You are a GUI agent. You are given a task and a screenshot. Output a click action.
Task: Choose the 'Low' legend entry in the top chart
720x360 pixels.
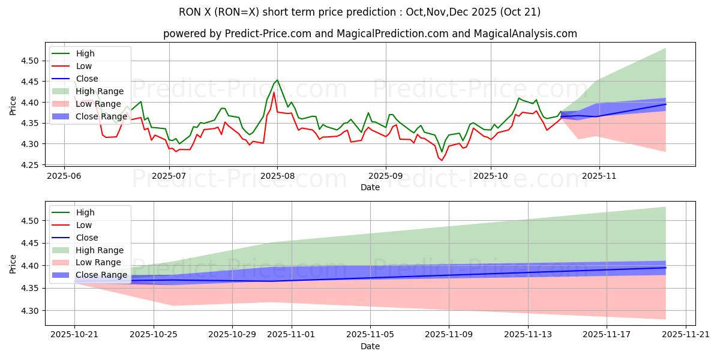click(85, 66)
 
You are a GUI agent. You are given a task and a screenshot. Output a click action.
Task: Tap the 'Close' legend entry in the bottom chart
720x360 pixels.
click(87, 238)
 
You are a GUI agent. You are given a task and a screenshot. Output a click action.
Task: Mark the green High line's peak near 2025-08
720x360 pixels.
click(277, 80)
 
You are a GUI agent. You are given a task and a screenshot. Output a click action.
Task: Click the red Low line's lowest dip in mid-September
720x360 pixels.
click(442, 160)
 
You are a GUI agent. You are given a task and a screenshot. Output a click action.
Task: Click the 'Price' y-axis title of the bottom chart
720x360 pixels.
click(13, 264)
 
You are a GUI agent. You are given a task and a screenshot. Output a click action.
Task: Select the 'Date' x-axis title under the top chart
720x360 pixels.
click(370, 187)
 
